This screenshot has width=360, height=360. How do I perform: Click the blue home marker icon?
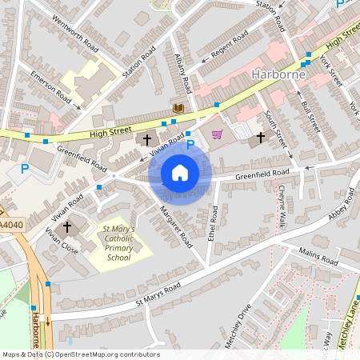click(180, 173)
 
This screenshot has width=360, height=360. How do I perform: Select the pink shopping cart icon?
click(216, 134)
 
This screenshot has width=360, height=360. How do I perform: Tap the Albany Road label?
click(183, 72)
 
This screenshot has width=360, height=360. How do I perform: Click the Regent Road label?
click(230, 48)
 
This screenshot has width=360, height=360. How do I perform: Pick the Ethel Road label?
click(213, 224)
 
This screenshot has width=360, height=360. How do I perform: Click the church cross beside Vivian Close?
click(67, 227)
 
